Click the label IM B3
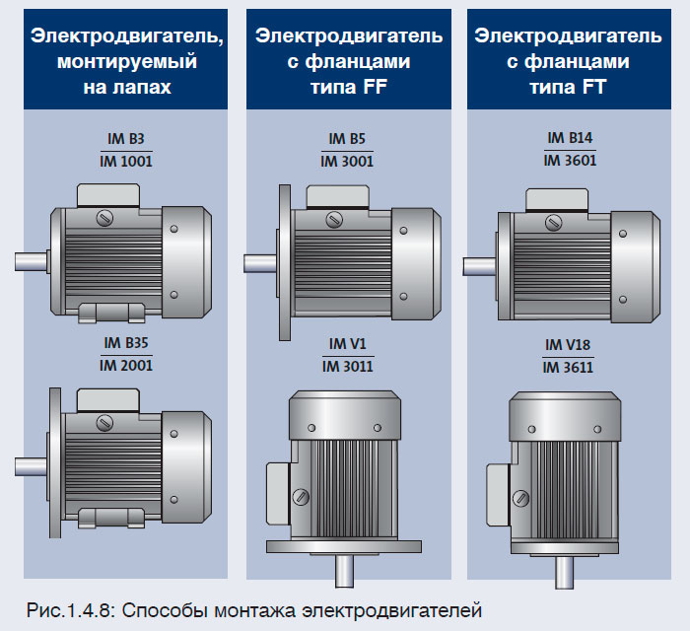coord(128,139)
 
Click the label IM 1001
coord(128,160)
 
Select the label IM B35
coord(128,344)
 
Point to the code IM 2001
coord(128,365)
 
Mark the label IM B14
coord(570,139)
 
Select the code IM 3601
coord(570,160)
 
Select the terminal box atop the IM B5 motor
coord(337,196)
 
